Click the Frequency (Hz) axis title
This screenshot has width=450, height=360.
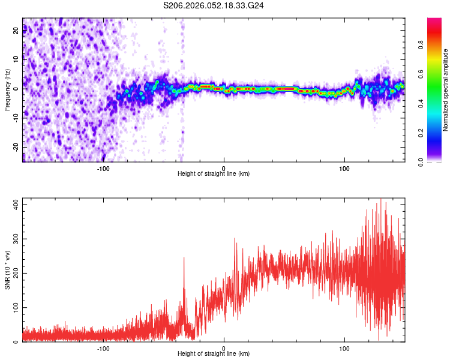click(x=7, y=90)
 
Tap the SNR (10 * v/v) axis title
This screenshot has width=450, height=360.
click(x=7, y=270)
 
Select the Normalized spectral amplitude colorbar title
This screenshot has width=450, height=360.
click(x=445, y=90)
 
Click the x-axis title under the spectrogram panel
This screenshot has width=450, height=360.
click(x=214, y=174)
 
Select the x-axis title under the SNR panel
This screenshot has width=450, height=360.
click(x=214, y=354)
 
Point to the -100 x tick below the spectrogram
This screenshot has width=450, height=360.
click(x=103, y=168)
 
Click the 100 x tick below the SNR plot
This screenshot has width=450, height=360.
click(x=344, y=348)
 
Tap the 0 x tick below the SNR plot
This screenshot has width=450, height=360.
click(x=224, y=348)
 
